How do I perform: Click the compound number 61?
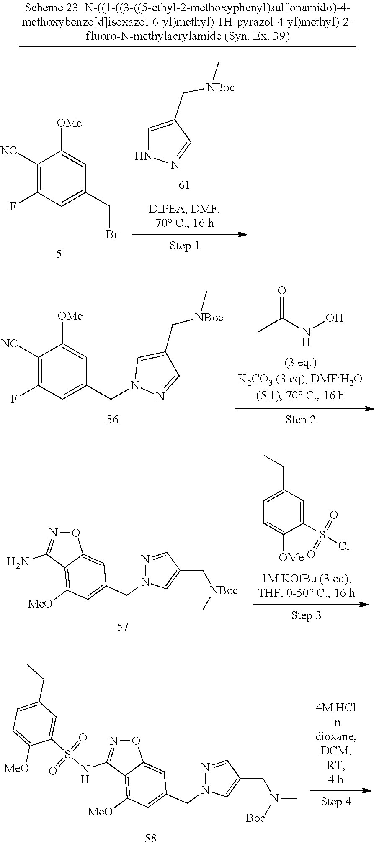coord(184,185)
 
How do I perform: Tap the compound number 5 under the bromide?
coord(59,254)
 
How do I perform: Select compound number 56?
coord(113,419)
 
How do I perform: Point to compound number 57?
coord(123,626)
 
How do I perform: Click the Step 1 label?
coord(185,246)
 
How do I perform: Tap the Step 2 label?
coord(300,420)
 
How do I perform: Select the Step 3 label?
coord(306,615)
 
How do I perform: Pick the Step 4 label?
coord(336,801)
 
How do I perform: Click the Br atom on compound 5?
coord(112,235)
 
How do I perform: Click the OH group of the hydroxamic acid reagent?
coord(334,318)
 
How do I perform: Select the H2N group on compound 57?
coord(18,561)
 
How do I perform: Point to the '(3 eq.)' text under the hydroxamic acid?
coord(300,362)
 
